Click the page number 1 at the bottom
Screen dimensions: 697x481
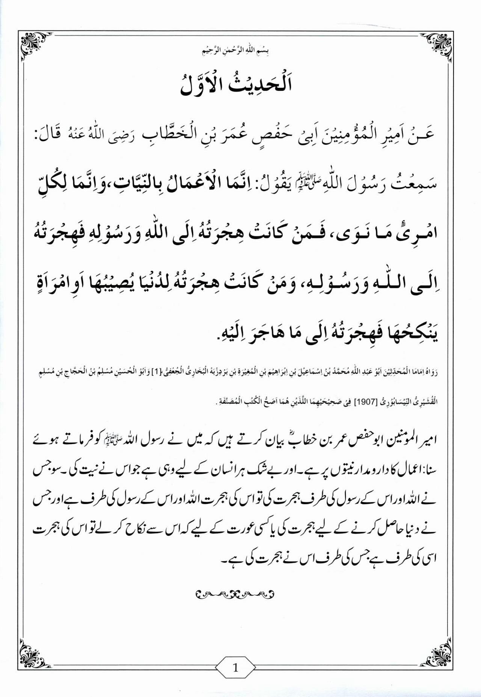(x=235, y=668)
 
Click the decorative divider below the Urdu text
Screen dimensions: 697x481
(x=235, y=594)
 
